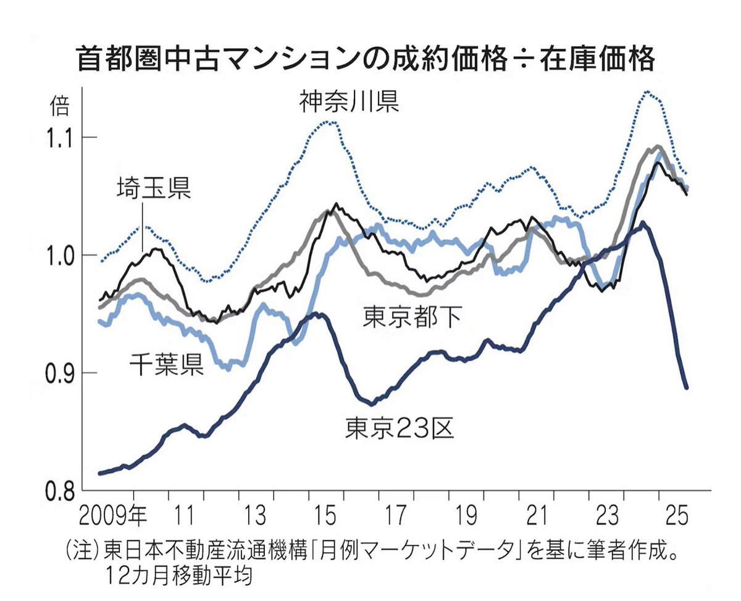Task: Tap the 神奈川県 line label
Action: (349, 101)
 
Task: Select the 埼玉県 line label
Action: (154, 187)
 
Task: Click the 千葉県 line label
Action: (166, 365)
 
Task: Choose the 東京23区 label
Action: (400, 426)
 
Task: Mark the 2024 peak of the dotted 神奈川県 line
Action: (646, 92)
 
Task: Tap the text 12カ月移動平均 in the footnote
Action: (179, 578)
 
